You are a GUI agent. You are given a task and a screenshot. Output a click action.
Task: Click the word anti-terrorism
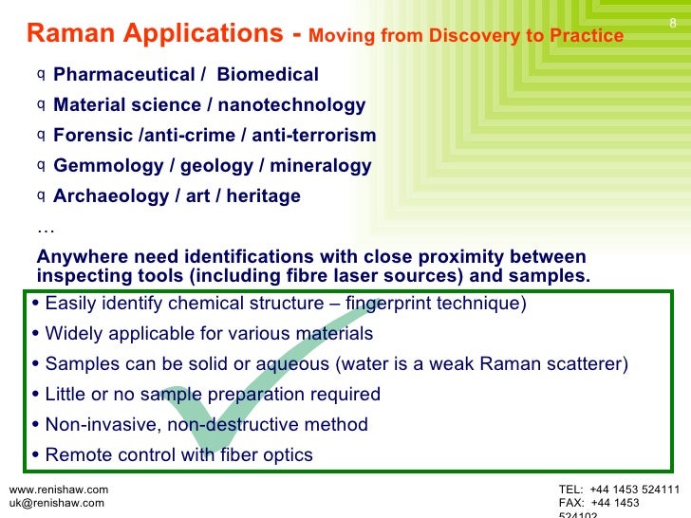(x=314, y=136)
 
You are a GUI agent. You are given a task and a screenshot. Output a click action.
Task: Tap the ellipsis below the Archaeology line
(x=45, y=228)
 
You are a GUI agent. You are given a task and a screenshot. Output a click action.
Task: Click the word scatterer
(x=585, y=364)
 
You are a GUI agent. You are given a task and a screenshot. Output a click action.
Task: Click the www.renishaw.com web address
(x=58, y=490)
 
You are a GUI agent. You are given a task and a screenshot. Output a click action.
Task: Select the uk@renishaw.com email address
(x=56, y=503)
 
